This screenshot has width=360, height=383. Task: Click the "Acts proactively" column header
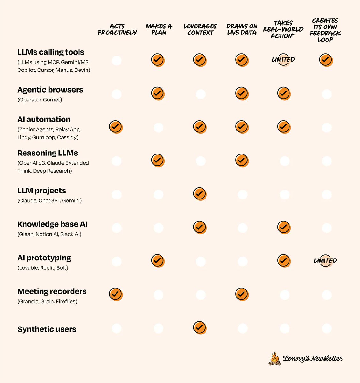pos(117,29)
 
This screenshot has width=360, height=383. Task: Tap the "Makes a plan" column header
pos(159,29)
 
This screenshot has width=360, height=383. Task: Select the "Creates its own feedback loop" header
pos(325,30)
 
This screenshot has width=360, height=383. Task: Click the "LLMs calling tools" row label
pos(51,52)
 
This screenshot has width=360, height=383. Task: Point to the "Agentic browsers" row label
pos(50,90)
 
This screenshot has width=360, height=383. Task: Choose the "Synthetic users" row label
pos(47,329)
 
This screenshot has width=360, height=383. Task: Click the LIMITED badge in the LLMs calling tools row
pos(283,60)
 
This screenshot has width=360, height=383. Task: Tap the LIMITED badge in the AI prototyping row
pos(325,260)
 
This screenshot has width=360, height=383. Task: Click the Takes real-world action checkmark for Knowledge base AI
pos(283,227)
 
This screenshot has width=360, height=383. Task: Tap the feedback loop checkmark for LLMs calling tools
pos(325,60)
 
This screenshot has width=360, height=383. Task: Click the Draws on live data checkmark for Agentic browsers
pos(241,93)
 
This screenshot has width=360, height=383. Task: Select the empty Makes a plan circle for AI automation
pos(159,128)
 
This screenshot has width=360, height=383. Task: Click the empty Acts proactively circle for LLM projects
pos(117,194)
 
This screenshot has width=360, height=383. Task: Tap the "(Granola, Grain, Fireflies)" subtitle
pos(47,301)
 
